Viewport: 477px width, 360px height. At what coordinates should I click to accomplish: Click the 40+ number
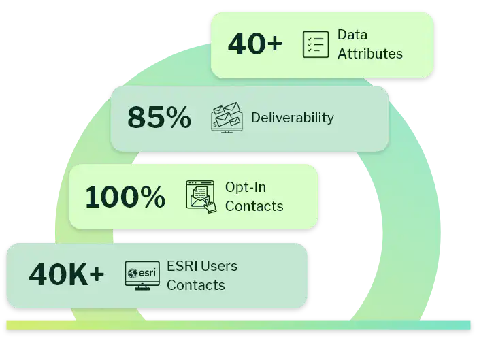(254, 44)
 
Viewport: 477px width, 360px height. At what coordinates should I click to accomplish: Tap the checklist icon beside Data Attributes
(315, 44)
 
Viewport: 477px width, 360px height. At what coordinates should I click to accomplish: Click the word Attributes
(370, 53)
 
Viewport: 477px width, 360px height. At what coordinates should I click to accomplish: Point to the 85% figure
(159, 118)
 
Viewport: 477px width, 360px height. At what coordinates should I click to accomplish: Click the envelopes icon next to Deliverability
(227, 118)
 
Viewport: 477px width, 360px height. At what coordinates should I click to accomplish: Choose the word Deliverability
(293, 118)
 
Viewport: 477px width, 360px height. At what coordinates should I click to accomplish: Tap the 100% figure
(125, 197)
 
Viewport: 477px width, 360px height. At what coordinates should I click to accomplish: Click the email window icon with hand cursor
(201, 196)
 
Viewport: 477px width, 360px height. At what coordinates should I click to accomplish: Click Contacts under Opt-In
(254, 206)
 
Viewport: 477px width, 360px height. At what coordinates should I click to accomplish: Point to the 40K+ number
(67, 275)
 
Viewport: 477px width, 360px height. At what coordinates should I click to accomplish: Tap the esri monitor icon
(142, 274)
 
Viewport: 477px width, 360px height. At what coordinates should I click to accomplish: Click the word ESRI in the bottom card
(182, 265)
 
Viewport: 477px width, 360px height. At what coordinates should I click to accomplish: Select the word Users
(220, 265)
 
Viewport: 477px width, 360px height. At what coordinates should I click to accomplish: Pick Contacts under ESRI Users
(196, 284)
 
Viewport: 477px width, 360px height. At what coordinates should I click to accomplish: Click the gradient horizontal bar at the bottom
(238, 325)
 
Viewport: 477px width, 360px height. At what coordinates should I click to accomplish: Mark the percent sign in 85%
(178, 118)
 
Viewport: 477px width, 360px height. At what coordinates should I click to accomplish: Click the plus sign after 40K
(97, 275)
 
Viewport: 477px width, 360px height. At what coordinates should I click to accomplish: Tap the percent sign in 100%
(150, 197)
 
